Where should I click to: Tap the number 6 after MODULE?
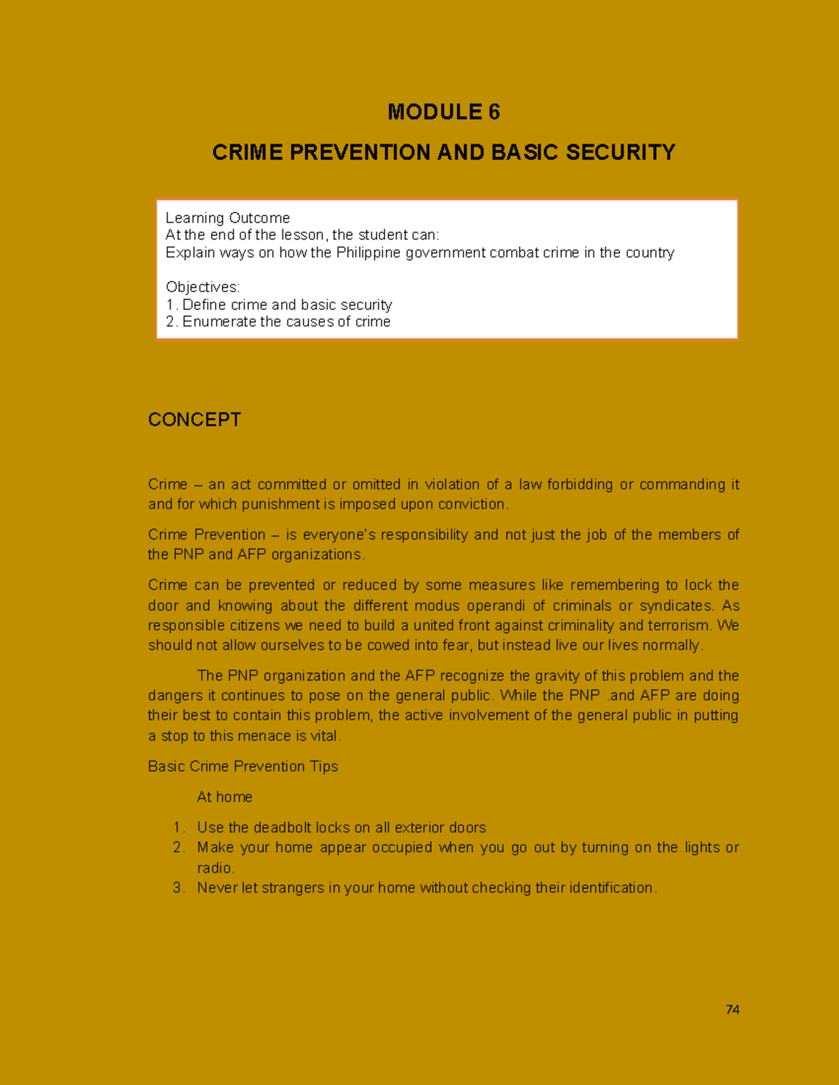pos(494,112)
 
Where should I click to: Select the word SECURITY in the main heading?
pos(620,152)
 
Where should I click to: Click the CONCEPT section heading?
pos(194,419)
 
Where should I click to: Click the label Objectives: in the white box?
pos(202,287)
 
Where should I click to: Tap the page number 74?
pos(732,1010)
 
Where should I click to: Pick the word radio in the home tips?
pos(214,868)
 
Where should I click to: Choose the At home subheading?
pos(224,796)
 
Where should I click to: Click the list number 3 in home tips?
pos(178,887)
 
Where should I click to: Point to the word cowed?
pos(388,645)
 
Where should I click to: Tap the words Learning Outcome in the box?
pos(227,218)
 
